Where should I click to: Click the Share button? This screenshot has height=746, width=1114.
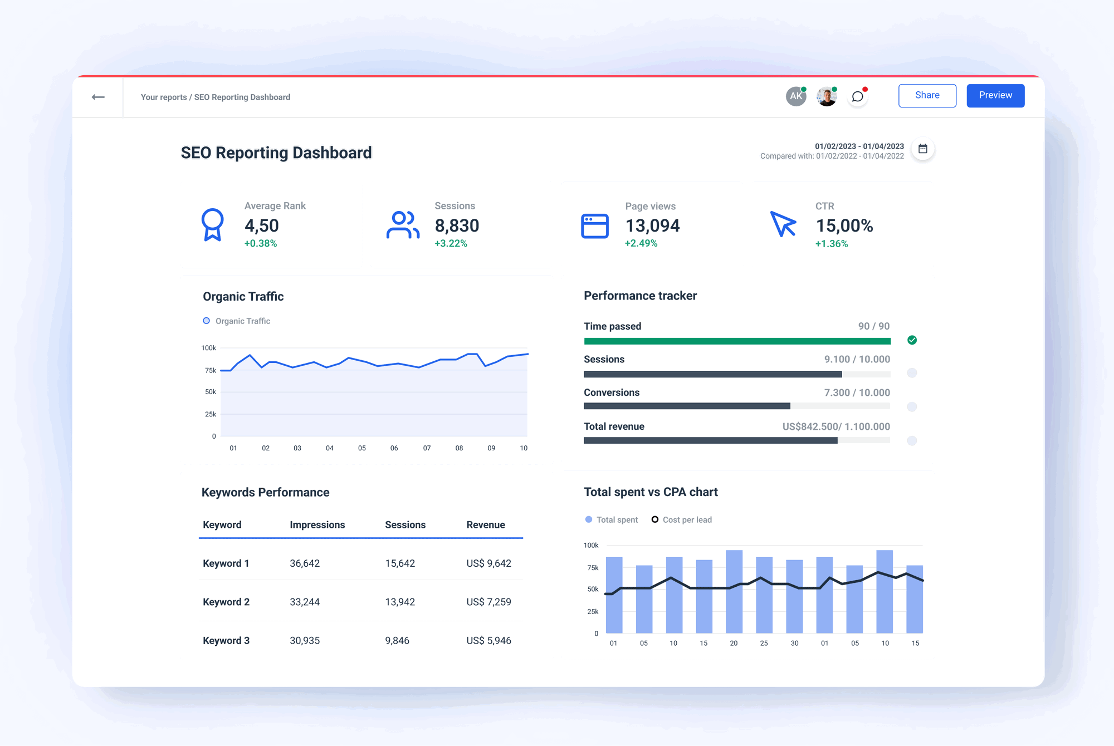click(x=927, y=95)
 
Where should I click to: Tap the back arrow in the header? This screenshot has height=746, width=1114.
click(x=98, y=97)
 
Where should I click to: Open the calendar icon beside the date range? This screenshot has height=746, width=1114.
click(x=923, y=149)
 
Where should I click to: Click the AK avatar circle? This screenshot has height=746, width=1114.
click(x=796, y=96)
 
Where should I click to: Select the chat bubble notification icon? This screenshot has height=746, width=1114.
click(x=858, y=97)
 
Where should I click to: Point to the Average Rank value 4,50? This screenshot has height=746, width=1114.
click(x=261, y=225)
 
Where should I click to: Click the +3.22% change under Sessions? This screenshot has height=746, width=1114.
click(x=451, y=243)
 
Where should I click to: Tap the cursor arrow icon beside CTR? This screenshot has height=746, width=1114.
click(x=783, y=224)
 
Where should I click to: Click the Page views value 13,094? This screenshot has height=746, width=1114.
click(x=652, y=225)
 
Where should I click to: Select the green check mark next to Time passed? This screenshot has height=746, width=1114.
click(x=912, y=340)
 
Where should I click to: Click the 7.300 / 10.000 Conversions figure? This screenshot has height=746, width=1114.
click(x=857, y=392)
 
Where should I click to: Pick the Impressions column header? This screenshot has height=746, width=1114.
click(x=317, y=524)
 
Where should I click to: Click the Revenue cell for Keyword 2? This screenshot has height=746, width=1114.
click(x=488, y=602)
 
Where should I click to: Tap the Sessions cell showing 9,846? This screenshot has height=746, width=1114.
click(x=397, y=640)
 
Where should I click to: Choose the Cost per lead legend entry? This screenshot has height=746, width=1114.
click(x=682, y=519)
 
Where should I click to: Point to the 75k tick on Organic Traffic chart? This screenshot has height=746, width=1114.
click(x=211, y=370)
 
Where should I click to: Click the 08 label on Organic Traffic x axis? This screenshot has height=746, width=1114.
click(x=459, y=448)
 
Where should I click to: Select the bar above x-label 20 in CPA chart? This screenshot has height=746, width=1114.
click(x=734, y=591)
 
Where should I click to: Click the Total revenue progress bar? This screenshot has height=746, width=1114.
click(x=736, y=440)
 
